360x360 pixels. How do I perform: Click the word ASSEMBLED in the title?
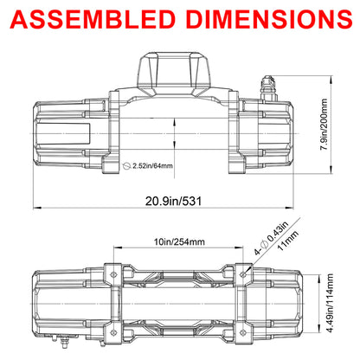[93, 19]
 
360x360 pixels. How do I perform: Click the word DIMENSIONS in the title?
[269, 19]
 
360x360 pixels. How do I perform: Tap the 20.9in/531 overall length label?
[173, 201]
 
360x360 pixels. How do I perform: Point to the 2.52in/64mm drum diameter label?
[152, 166]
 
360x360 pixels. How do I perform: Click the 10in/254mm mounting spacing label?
[179, 241]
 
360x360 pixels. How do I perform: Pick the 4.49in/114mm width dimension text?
[329, 303]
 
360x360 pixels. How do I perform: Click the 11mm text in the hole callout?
[287, 241]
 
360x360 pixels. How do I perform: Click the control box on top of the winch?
[174, 74]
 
